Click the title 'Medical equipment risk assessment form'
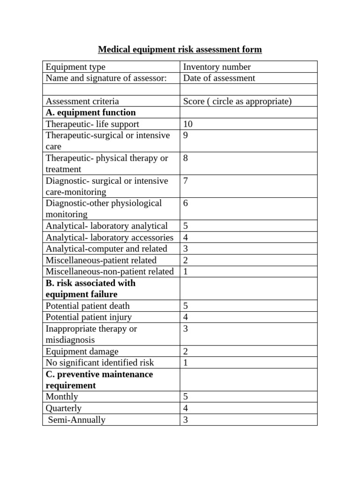[x=180, y=50]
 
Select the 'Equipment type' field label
[x=75, y=67]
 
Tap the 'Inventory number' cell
[x=217, y=67]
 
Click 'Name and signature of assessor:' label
[x=106, y=78]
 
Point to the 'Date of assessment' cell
[x=219, y=78]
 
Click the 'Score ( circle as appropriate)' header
[x=237, y=101]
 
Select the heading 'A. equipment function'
[x=90, y=112]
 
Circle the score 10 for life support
[x=187, y=124]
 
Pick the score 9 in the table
[x=186, y=135]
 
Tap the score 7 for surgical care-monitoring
[x=186, y=181]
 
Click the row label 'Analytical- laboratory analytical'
[x=106, y=226]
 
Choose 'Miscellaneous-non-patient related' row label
[x=109, y=271]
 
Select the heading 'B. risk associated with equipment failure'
[x=90, y=289]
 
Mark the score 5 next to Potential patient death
[x=186, y=306]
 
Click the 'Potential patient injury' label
[x=89, y=317]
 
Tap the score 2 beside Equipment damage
[x=186, y=352]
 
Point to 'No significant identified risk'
[x=99, y=363]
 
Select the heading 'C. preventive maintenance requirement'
[x=99, y=380]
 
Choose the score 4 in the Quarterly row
[x=186, y=408]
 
